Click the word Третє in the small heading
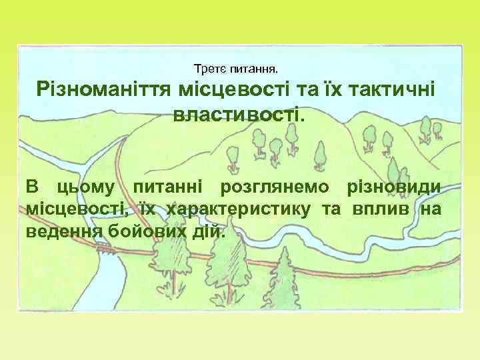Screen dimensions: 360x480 (209, 69)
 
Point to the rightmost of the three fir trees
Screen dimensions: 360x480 (283, 273)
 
